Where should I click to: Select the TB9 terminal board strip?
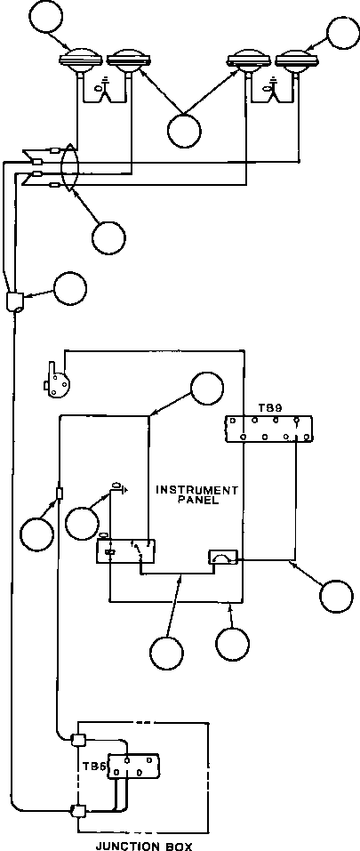click(x=269, y=429)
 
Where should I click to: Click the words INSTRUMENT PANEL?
click(x=196, y=495)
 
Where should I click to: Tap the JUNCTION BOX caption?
click(x=144, y=846)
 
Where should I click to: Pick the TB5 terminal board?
click(x=133, y=767)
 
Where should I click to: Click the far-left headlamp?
click(x=81, y=60)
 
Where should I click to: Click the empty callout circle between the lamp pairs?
click(x=184, y=131)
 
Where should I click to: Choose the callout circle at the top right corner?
click(x=343, y=33)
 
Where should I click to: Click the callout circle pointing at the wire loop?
click(x=108, y=237)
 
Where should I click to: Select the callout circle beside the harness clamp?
click(x=70, y=289)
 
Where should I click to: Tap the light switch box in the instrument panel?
click(x=125, y=550)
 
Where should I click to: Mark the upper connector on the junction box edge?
click(x=77, y=739)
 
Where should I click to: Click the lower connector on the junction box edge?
click(x=77, y=811)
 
